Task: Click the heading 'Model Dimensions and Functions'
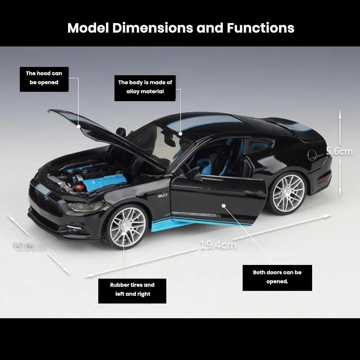coord(181,28)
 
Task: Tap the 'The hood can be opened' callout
coord(44,79)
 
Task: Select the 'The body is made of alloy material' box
coord(145,88)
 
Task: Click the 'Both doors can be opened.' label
coord(277,278)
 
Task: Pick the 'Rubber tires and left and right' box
coord(132,291)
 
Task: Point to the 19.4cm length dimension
coord(218,245)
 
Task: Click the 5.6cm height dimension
coord(339,151)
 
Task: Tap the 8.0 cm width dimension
coord(23,246)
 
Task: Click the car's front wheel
coord(127,227)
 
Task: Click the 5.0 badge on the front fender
coord(163,196)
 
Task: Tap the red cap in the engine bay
coord(79,186)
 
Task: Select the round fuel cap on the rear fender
coord(312,155)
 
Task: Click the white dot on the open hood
coord(78,126)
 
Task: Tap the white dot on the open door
coord(224,206)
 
